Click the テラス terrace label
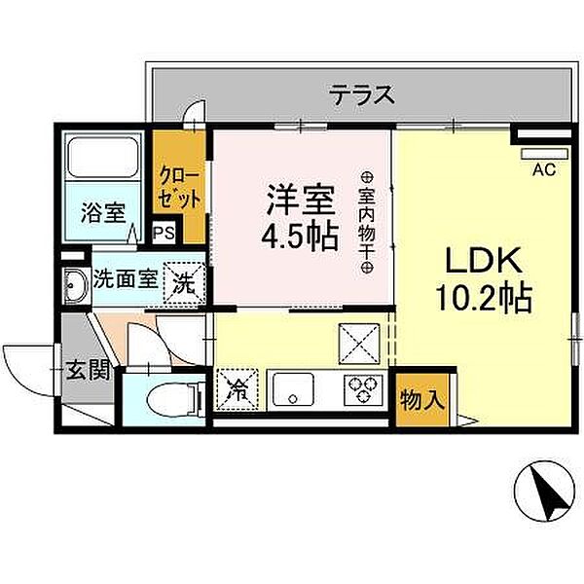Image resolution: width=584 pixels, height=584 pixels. point(361,94)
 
